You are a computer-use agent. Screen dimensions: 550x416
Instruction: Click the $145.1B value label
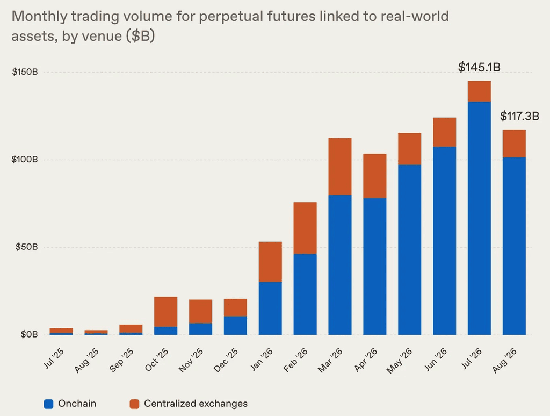479,67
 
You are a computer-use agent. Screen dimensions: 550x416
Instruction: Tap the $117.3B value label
519,116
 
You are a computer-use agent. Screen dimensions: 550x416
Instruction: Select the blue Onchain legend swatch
48,404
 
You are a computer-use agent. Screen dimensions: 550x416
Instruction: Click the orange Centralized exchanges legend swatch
134,404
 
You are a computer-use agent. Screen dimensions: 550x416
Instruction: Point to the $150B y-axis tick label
25,72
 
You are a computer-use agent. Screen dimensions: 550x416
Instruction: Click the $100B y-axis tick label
25,160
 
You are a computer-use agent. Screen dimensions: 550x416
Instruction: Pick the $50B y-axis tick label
26,247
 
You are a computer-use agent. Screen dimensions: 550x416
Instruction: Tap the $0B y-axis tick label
29,334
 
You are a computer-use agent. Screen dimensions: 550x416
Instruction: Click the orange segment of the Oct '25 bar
165,312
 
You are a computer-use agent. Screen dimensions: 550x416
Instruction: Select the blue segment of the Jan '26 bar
270,308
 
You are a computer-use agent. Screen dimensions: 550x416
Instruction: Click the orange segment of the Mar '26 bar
340,167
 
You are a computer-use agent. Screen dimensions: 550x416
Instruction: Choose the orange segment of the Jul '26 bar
479,91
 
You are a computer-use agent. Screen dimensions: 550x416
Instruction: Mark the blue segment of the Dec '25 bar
235,325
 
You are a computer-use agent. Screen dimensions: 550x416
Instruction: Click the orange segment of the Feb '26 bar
305,228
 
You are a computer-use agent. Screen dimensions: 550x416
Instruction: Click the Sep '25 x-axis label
121,360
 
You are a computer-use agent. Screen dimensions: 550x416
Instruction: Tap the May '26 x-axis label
400,361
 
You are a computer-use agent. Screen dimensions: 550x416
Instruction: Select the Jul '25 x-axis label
54,358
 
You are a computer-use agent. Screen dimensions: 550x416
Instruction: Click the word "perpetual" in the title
230,17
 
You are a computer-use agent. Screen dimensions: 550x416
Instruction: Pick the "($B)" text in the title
140,36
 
